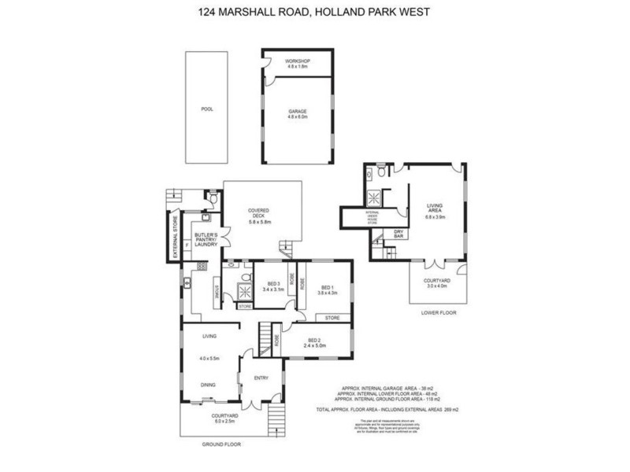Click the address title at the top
point(315,13)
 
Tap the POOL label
point(207,109)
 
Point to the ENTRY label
point(261,378)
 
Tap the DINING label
point(209,385)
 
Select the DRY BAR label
point(399,233)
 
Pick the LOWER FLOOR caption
point(439,313)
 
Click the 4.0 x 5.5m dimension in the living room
point(209,359)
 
